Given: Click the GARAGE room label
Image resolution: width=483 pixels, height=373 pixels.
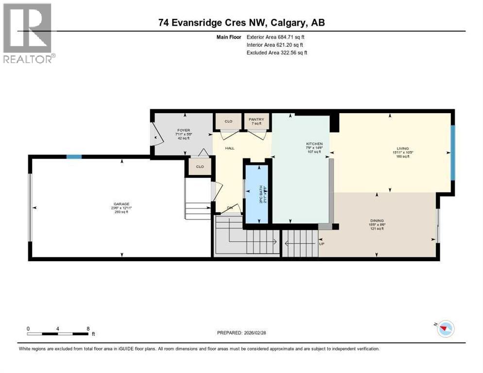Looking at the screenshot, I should (x=121, y=204).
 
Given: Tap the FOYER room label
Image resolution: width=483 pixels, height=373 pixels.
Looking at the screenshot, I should (x=183, y=130).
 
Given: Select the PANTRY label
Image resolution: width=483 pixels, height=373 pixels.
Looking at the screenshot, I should (x=256, y=119).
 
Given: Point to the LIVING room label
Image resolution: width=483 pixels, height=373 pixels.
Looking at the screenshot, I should (x=402, y=149).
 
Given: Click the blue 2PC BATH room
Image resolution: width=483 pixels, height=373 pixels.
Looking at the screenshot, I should (x=258, y=194).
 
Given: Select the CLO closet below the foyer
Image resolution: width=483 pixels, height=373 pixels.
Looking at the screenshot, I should (x=199, y=167).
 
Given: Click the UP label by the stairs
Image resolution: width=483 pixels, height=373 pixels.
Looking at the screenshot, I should (x=321, y=243).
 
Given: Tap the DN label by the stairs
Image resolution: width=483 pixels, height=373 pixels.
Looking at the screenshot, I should (x=230, y=208).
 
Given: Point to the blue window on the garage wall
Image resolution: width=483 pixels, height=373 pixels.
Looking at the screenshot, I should (x=74, y=156).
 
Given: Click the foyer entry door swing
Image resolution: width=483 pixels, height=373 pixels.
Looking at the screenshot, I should (x=155, y=135).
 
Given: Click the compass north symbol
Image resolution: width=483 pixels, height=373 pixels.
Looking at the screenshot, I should (x=445, y=329).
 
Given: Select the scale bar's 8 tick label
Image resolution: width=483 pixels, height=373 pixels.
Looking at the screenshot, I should (x=88, y=328).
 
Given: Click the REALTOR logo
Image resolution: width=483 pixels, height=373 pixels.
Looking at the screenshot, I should (x=29, y=33).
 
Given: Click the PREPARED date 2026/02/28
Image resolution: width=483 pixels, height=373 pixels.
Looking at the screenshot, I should (x=262, y=333).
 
